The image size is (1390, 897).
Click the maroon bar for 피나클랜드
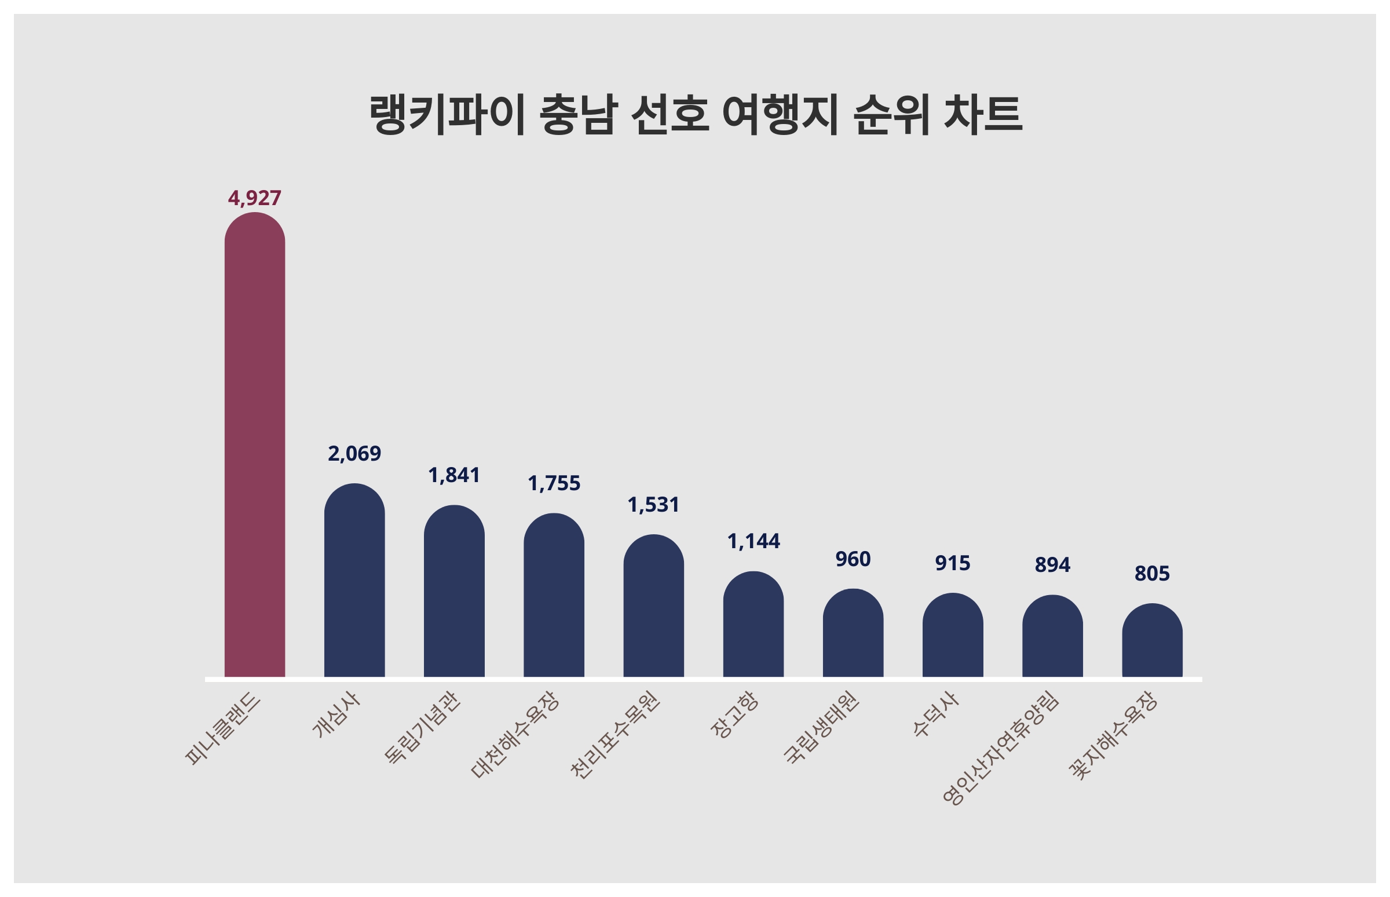[x=254, y=446]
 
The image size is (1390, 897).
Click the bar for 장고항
[x=753, y=625]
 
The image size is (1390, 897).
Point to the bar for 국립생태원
[x=853, y=633]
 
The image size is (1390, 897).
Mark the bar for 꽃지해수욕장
[x=1152, y=641]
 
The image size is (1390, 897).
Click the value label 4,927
[x=254, y=198]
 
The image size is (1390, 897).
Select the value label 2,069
[x=354, y=453]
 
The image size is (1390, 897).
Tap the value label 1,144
[x=753, y=541]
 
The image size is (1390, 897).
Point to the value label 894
[x=1052, y=564]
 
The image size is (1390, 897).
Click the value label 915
[x=952, y=563]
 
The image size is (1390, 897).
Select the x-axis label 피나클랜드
[x=223, y=728]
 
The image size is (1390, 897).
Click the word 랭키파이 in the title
[x=447, y=114]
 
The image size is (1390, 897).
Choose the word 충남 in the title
[x=577, y=114]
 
